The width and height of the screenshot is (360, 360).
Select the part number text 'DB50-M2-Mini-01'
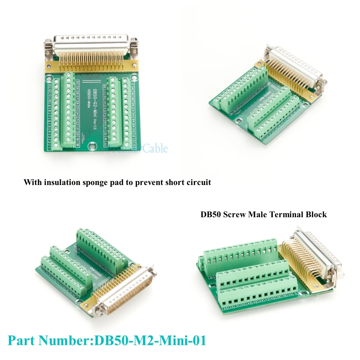pyautogui.click(x=150, y=340)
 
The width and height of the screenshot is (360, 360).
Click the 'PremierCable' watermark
pyautogui.click(x=137, y=148)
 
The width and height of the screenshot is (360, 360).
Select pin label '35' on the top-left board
pyautogui.click(x=105, y=87)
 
